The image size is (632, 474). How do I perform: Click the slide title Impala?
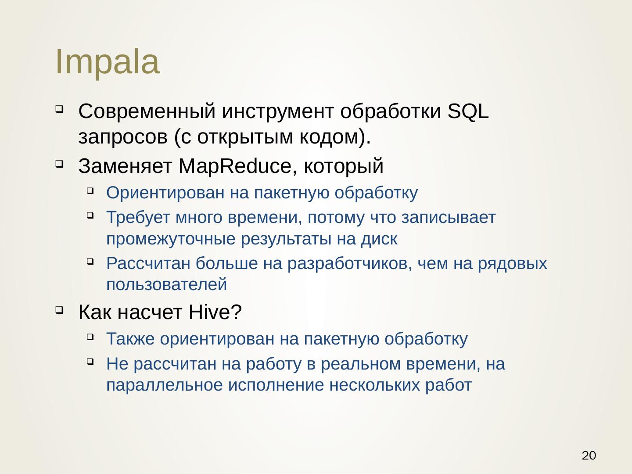click(x=107, y=62)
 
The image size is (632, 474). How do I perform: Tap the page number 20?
click(x=589, y=455)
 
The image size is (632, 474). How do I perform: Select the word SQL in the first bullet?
click(x=468, y=111)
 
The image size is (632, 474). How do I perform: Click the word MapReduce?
click(x=235, y=166)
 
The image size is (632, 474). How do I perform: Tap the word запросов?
click(x=123, y=137)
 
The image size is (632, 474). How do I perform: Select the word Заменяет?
click(x=125, y=166)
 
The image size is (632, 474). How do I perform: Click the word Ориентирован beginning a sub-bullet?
click(x=165, y=193)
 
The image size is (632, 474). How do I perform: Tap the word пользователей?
click(x=167, y=285)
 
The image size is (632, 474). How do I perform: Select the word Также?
click(x=130, y=339)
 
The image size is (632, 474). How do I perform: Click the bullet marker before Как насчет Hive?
click(x=59, y=310)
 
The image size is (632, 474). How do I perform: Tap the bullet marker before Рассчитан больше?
click(x=90, y=262)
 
